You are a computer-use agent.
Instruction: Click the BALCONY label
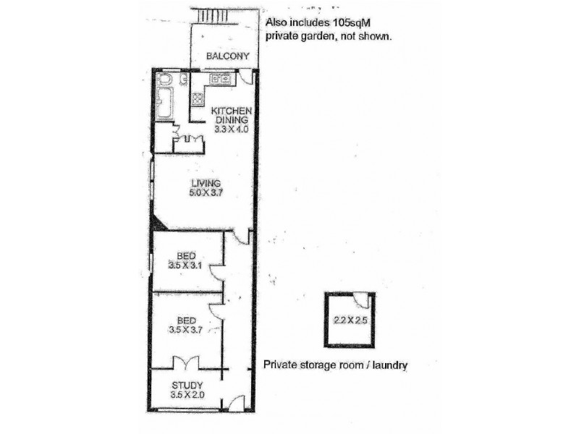[227, 56]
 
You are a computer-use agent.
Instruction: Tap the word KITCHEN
[231, 110]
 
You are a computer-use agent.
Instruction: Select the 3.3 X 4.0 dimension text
[232, 129]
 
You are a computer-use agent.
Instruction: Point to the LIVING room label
[204, 182]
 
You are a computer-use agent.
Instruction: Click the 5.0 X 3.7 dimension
[204, 192]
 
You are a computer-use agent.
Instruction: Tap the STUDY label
[187, 385]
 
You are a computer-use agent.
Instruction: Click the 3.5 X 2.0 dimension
[187, 395]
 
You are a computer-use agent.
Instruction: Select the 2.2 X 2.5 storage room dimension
[351, 319]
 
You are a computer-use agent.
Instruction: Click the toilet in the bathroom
[164, 80]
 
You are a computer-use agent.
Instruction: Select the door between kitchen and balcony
[247, 77]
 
